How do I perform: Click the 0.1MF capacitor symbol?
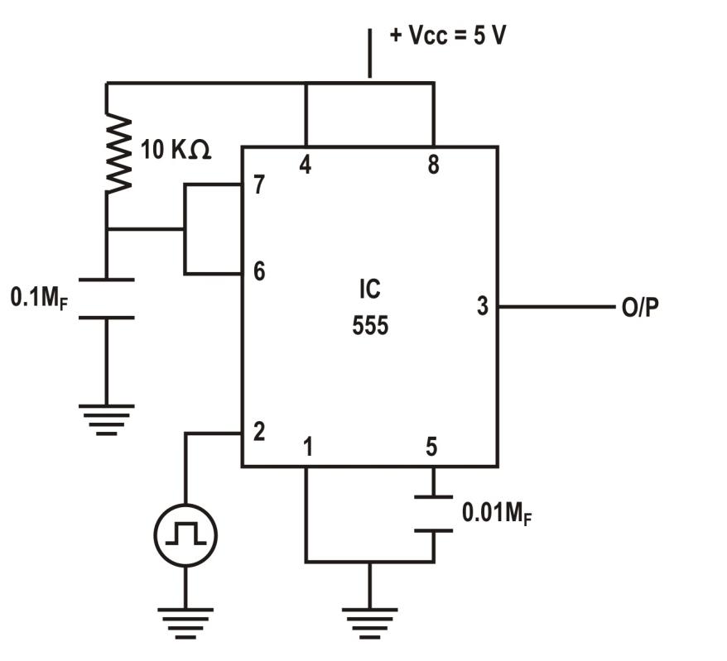(107, 298)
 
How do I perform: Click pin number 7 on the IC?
(259, 185)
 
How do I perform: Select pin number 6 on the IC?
(259, 271)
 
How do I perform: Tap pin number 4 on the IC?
(306, 166)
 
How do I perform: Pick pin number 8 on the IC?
(432, 166)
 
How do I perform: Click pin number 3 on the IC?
(482, 306)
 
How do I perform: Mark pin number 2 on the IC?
(259, 432)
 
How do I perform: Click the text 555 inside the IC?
(369, 327)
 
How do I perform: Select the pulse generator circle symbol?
(185, 536)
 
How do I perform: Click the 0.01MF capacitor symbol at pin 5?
(433, 514)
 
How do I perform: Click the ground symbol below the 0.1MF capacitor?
(107, 419)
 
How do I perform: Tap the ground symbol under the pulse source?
(185, 620)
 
